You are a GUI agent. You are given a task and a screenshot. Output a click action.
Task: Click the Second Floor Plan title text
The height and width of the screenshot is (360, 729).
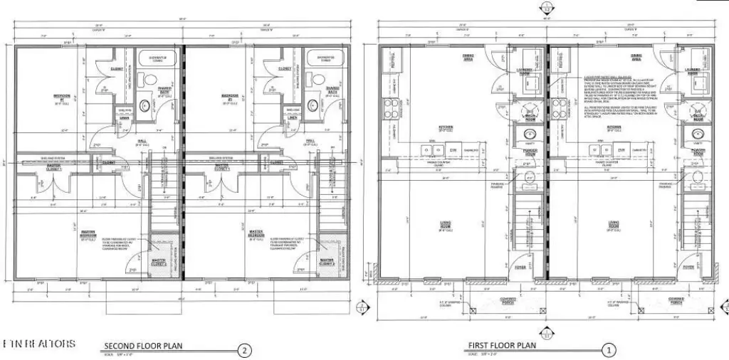[143, 346]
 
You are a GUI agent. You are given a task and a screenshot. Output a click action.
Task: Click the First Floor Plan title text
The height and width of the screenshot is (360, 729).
[501, 346]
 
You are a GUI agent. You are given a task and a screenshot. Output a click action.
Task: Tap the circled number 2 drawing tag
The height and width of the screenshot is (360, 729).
[245, 350]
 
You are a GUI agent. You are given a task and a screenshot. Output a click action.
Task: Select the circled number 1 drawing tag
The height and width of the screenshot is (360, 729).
[609, 350]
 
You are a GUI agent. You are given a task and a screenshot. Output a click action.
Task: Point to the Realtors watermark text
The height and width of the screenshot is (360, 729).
[39, 344]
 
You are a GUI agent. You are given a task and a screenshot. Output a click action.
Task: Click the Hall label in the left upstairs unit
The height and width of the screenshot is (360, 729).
[140, 141]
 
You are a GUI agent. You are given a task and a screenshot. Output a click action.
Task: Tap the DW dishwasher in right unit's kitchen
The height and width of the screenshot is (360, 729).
[621, 151]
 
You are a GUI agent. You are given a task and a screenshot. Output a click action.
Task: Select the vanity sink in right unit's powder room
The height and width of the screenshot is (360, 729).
[697, 133]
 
